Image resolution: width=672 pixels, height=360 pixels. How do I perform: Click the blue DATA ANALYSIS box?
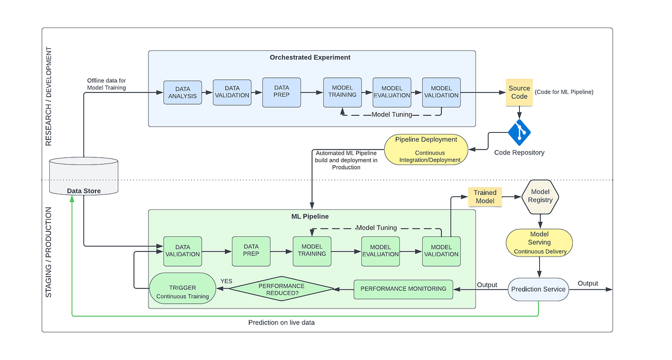click(x=183, y=93)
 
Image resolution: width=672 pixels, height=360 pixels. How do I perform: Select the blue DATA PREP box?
click(x=282, y=92)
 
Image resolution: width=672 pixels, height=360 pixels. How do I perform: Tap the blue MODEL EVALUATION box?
click(x=392, y=92)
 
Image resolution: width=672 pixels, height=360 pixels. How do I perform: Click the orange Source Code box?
click(x=519, y=92)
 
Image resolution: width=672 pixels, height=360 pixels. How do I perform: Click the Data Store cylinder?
click(x=84, y=177)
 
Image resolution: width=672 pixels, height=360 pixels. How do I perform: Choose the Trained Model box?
click(x=485, y=196)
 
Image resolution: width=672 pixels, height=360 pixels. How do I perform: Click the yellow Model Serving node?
click(x=539, y=243)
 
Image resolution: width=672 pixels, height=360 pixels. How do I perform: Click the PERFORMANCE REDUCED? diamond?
click(x=282, y=289)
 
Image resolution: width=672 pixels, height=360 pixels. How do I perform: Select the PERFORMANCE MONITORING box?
click(x=403, y=289)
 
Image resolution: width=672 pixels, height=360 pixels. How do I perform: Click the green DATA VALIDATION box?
click(x=183, y=250)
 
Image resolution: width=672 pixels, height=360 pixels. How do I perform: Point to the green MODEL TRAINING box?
click(x=312, y=250)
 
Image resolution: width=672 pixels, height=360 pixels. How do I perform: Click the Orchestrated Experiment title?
click(x=310, y=57)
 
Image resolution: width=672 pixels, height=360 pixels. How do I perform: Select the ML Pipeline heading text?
click(x=310, y=216)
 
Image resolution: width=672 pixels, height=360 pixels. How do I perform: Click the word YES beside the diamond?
click(x=226, y=281)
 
